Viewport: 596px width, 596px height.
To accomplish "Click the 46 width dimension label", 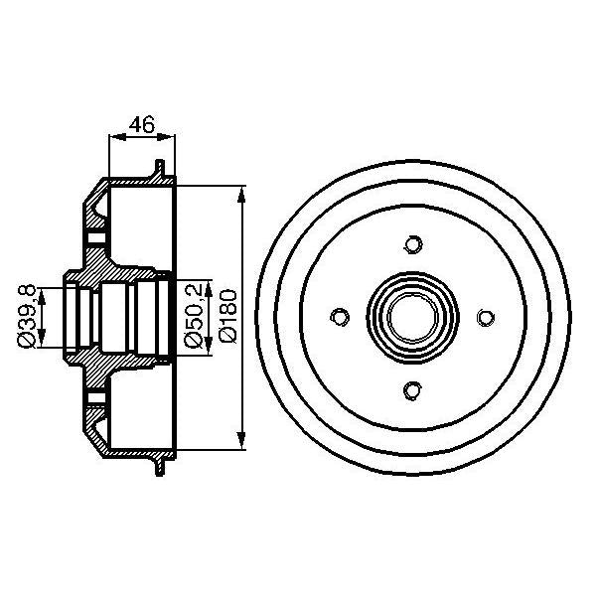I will [142, 125].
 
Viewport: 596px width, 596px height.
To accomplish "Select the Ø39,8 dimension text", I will [30, 316].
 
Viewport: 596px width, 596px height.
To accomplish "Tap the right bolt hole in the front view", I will [486, 317].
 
